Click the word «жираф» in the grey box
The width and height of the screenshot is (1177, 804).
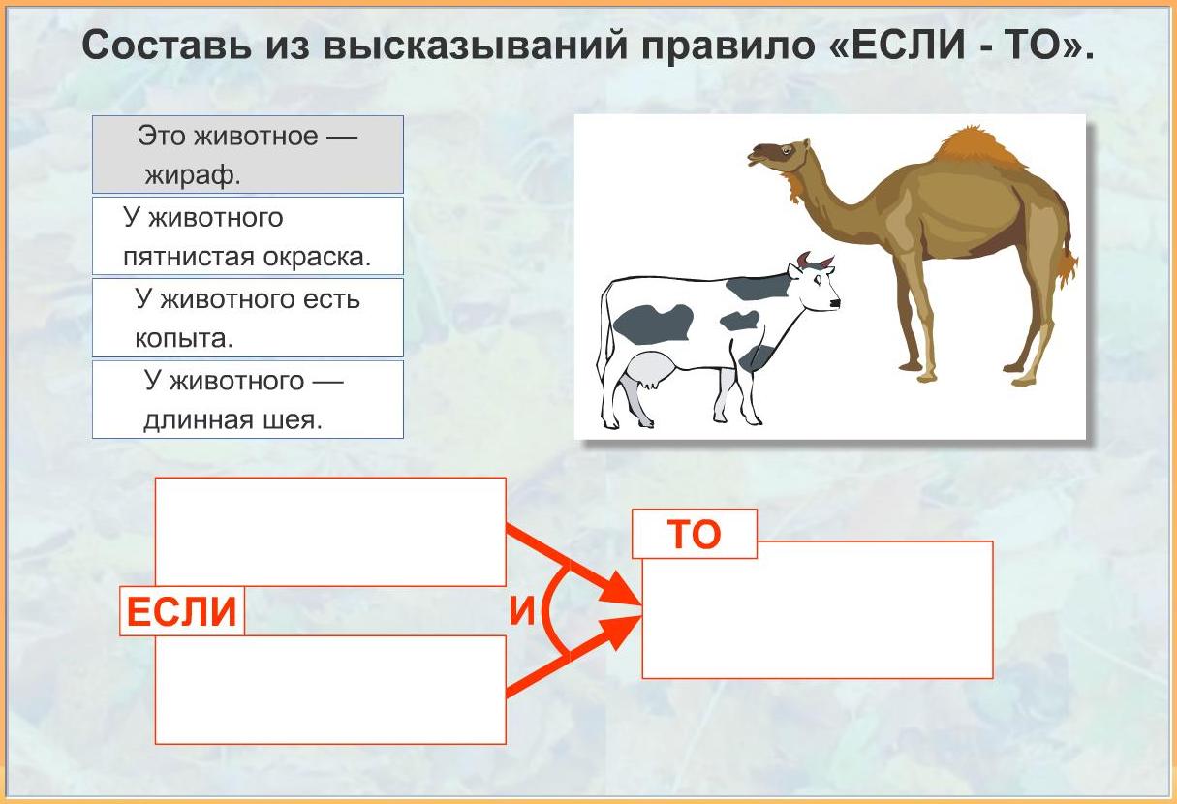pos(193,175)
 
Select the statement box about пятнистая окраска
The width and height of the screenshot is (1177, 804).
pos(248,236)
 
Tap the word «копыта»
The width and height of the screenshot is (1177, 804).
pos(184,338)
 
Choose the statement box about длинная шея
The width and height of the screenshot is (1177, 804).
pos(248,399)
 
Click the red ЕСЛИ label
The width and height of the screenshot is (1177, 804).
pos(182,611)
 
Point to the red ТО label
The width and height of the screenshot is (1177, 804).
pos(695,534)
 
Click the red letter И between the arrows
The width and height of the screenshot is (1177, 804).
pos(522,610)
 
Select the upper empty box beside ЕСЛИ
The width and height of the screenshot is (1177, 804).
pos(330,532)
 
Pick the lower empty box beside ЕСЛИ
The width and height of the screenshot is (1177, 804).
pos(330,690)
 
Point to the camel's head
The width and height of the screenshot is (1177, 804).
pos(777,156)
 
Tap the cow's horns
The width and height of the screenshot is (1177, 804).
pos(815,260)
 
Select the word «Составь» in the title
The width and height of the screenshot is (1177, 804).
pos(170,46)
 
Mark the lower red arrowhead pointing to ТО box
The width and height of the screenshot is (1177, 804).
pos(620,632)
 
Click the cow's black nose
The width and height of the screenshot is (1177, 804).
pos(835,303)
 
